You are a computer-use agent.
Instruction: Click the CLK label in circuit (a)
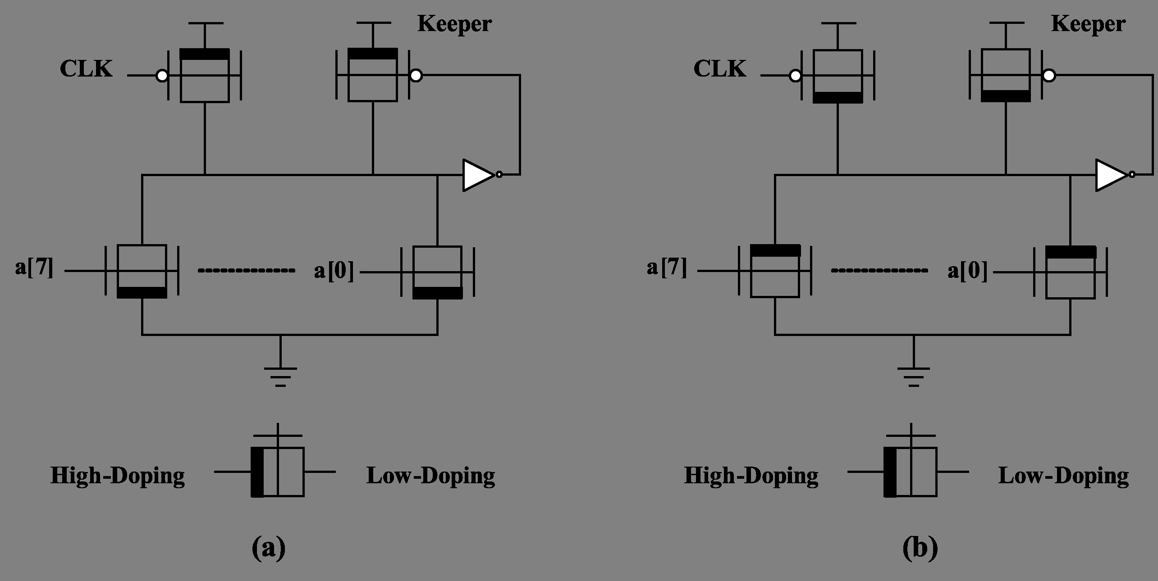click(x=86, y=69)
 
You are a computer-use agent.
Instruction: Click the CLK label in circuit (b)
click(x=719, y=69)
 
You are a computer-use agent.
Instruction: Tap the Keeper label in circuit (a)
click(x=454, y=23)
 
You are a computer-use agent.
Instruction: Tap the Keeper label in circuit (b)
click(x=1088, y=23)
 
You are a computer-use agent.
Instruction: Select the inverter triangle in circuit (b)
click(x=1112, y=175)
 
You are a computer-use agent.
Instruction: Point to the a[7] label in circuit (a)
click(x=34, y=268)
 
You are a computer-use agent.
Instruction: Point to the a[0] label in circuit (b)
click(x=967, y=271)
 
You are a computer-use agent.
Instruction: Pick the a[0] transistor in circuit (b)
click(x=1070, y=272)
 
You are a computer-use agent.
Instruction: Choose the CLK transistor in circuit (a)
click(x=205, y=75)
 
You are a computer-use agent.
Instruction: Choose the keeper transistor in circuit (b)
click(x=1006, y=75)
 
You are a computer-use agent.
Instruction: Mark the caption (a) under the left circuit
click(x=269, y=548)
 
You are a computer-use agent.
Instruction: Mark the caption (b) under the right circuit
click(x=920, y=548)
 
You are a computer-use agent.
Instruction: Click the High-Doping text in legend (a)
click(x=118, y=476)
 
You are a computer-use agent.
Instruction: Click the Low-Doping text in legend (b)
click(x=1064, y=476)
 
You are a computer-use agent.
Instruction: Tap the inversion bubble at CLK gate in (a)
click(x=161, y=76)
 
